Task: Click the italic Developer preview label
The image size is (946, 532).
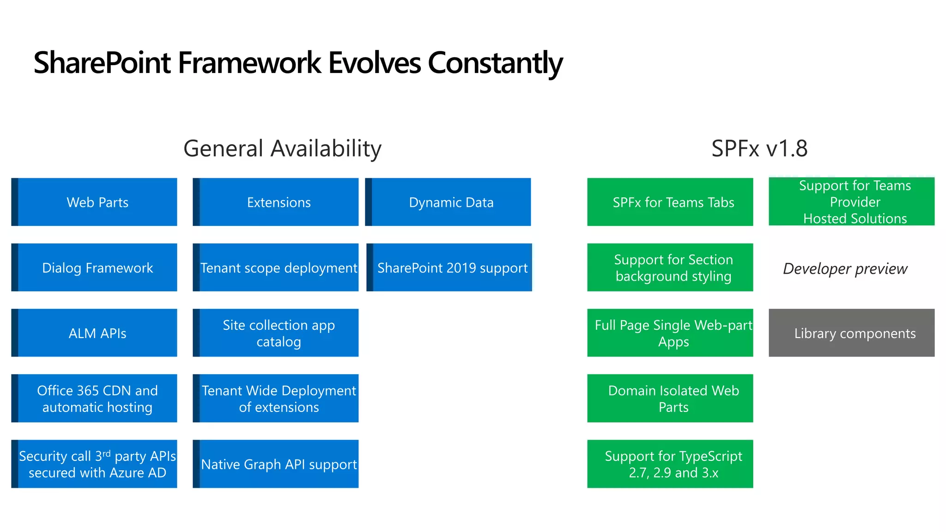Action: pos(845,268)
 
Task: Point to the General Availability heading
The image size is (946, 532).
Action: pos(282,149)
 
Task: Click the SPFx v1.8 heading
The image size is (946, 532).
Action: pos(759,149)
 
